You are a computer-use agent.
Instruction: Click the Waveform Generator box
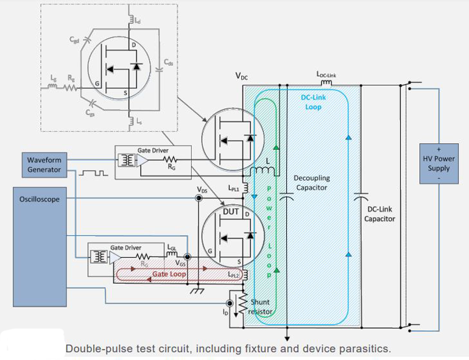(x=44, y=164)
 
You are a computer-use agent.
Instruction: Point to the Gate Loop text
(x=169, y=274)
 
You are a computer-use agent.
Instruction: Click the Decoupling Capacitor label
(x=311, y=183)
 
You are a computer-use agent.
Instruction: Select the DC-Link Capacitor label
(x=379, y=214)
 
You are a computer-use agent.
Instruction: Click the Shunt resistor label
(x=261, y=306)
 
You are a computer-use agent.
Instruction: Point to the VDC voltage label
(x=242, y=76)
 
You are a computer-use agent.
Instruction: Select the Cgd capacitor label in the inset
(x=74, y=40)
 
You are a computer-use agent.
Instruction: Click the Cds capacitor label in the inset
(x=168, y=63)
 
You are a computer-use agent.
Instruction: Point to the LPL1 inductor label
(x=233, y=188)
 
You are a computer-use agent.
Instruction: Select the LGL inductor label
(x=172, y=247)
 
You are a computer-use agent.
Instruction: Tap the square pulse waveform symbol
(x=93, y=173)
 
